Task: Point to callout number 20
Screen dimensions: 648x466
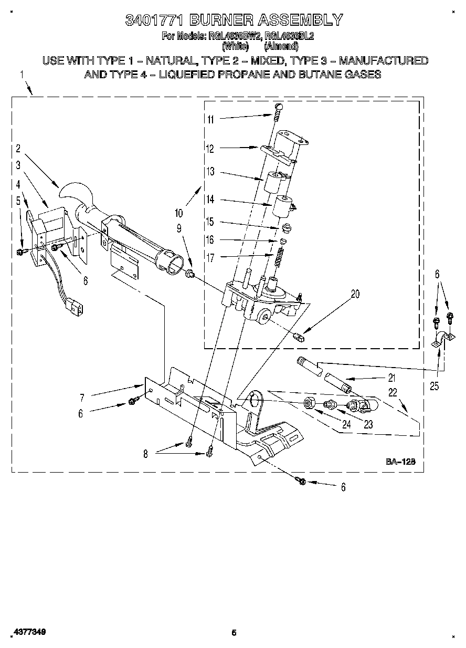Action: click(x=355, y=294)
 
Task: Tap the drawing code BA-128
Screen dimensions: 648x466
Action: click(x=401, y=462)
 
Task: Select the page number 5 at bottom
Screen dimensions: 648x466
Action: click(x=234, y=633)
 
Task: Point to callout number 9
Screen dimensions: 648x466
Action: click(x=179, y=228)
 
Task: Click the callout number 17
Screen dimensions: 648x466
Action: click(x=210, y=257)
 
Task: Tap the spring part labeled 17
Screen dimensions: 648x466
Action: click(x=280, y=257)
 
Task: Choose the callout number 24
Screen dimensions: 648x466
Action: click(x=345, y=425)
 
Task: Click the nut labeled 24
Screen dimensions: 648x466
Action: click(x=309, y=403)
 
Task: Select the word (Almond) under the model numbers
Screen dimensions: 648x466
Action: click(x=284, y=46)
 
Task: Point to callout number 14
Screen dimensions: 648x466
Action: click(x=210, y=200)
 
